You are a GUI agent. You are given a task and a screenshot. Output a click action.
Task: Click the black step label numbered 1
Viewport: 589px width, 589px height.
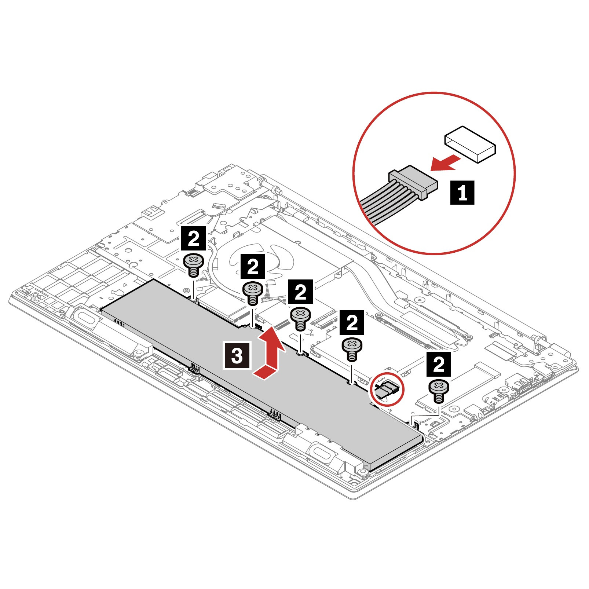[x=462, y=192]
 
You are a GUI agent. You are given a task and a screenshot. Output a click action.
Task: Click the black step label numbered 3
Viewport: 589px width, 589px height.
[x=237, y=355]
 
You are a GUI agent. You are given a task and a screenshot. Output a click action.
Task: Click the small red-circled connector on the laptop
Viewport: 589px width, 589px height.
[x=386, y=389]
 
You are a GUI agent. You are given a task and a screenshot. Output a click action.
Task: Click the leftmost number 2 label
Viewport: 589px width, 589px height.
[x=193, y=238]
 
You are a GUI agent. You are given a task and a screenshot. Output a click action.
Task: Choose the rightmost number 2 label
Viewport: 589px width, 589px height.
[x=439, y=364]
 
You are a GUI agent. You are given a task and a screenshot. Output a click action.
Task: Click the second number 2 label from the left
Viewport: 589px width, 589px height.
[x=253, y=267]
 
